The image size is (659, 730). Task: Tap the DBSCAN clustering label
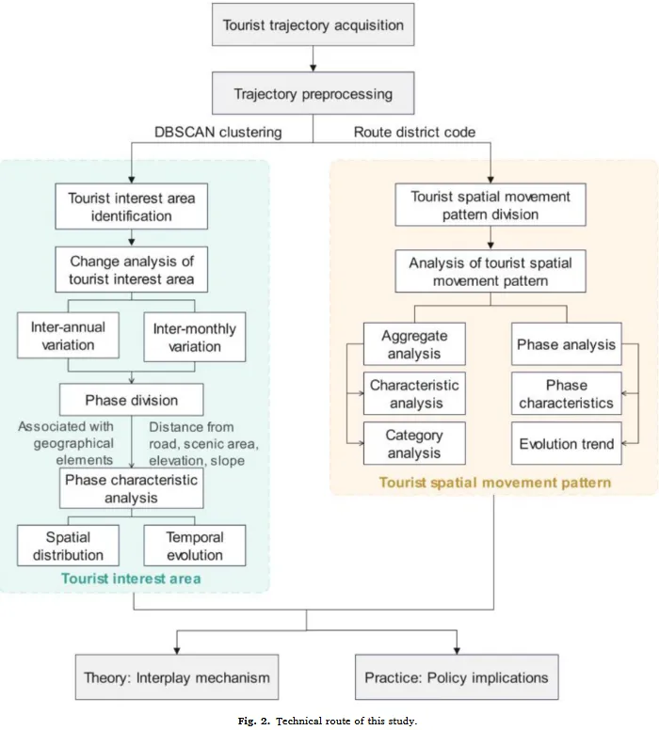[x=217, y=133]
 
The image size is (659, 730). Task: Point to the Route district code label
[x=414, y=133]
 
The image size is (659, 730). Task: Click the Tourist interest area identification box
[x=132, y=207]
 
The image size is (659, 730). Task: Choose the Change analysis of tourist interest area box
[x=132, y=269]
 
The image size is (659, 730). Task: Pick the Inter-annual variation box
[x=69, y=337]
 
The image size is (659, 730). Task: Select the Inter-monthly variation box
[x=194, y=337]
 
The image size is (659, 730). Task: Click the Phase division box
[x=132, y=400]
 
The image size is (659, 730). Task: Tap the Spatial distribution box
[x=69, y=546]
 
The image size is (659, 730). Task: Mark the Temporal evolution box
[x=195, y=546]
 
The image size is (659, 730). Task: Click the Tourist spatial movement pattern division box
[x=490, y=205]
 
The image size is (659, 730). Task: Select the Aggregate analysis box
[x=415, y=345]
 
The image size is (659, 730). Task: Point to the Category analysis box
[x=415, y=444]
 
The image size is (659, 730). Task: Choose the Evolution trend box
[x=566, y=444]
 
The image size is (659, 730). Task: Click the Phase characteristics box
[x=566, y=394]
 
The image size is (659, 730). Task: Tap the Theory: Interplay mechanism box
[x=176, y=677]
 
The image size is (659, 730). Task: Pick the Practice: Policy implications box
[x=456, y=677]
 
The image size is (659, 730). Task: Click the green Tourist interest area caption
[x=131, y=579]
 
